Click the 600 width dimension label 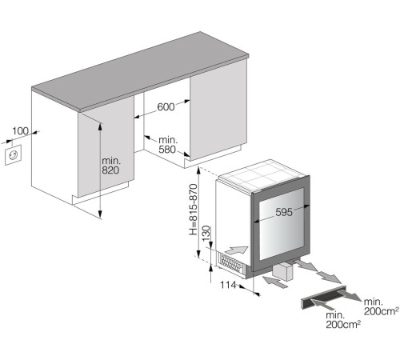coord(166,106)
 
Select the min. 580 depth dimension coord(168,145)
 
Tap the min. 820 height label coord(111,166)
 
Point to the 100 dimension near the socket coord(20,131)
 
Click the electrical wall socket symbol coord(13,155)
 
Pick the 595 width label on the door coord(284,212)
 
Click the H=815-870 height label coord(194,210)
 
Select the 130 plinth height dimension coord(206,234)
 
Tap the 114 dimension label coord(228,285)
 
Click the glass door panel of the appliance coord(282,224)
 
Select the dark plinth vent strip coord(323,298)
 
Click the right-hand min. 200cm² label coord(382,306)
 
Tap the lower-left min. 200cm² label coord(343,319)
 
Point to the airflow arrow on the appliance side coord(237,250)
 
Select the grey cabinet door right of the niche coord(218,112)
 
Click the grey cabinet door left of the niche coord(106,146)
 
